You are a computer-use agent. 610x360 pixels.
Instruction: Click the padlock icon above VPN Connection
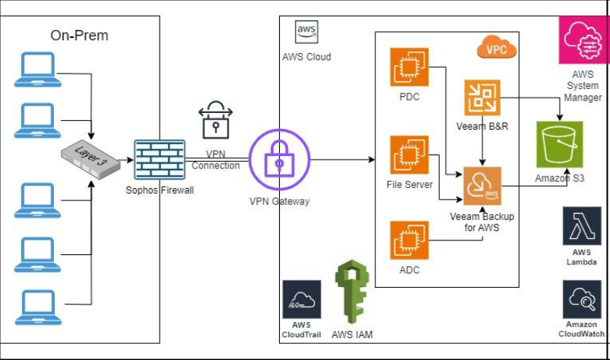pyautogui.click(x=215, y=117)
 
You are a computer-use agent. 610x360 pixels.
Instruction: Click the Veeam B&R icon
pyautogui.click(x=482, y=98)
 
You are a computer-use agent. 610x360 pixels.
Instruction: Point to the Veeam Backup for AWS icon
pyautogui.click(x=482, y=186)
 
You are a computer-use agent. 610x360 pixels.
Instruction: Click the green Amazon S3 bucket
pyautogui.click(x=560, y=145)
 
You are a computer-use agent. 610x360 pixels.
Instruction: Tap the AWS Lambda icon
pyautogui.click(x=582, y=227)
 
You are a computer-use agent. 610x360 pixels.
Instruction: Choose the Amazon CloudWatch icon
pyautogui.click(x=582, y=300)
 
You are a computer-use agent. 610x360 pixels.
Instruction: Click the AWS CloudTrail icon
pyautogui.click(x=302, y=300)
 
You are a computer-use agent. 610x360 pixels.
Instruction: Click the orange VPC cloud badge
pyautogui.click(x=496, y=50)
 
